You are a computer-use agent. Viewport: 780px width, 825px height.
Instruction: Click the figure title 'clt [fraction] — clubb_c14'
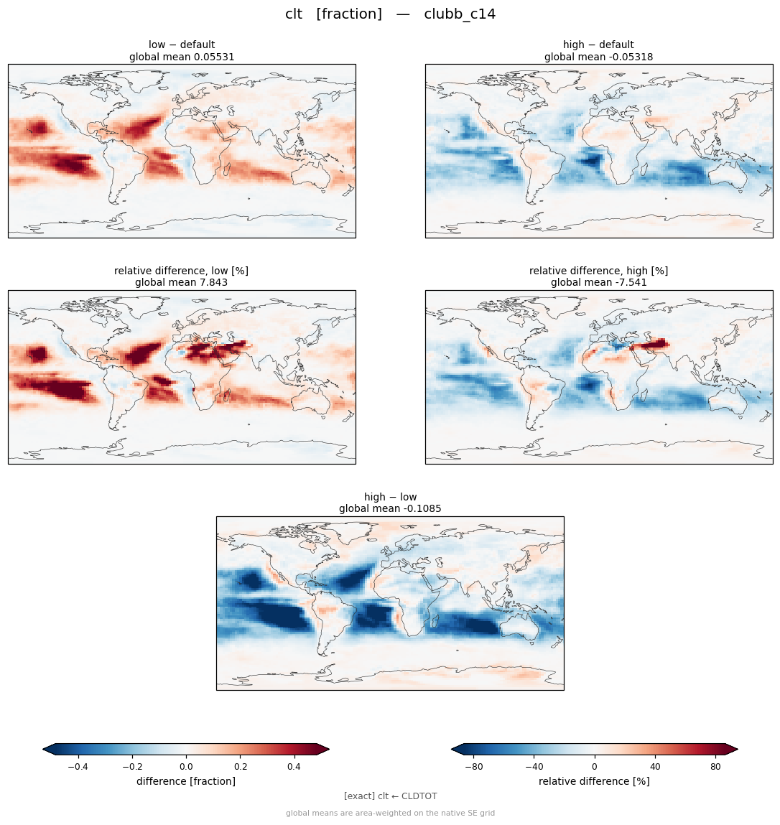(390, 14)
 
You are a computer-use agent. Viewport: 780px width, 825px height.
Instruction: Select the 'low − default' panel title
(182, 45)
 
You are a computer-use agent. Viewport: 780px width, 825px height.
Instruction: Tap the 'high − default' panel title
(598, 45)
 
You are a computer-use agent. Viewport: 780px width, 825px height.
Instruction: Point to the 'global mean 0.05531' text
(182, 57)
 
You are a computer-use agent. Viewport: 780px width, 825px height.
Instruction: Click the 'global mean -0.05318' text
(598, 57)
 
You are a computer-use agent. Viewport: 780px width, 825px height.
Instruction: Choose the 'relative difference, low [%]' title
(181, 271)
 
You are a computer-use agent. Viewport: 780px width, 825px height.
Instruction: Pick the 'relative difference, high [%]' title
(598, 271)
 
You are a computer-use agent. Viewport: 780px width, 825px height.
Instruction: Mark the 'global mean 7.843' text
(181, 283)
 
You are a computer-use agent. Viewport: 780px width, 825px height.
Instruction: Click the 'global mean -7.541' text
(598, 283)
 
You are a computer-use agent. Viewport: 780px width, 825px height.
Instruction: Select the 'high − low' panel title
(390, 497)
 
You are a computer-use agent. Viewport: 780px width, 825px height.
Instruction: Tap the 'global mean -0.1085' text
(390, 509)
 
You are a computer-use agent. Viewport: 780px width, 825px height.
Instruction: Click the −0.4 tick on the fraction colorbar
(78, 767)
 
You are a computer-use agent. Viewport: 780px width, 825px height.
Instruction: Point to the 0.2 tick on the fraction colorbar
(240, 767)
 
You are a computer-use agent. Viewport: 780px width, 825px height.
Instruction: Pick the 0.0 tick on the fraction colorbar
(186, 767)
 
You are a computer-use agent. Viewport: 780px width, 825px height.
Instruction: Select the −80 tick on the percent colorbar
(474, 767)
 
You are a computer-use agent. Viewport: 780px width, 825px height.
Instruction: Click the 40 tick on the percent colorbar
(655, 767)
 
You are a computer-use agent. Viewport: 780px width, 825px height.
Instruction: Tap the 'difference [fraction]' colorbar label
(186, 781)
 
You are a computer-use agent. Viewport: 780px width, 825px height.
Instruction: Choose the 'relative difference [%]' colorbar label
(594, 781)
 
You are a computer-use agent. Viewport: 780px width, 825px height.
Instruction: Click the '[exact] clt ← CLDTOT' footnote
(390, 796)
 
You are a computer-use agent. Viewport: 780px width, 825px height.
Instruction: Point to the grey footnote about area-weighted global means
(390, 813)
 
